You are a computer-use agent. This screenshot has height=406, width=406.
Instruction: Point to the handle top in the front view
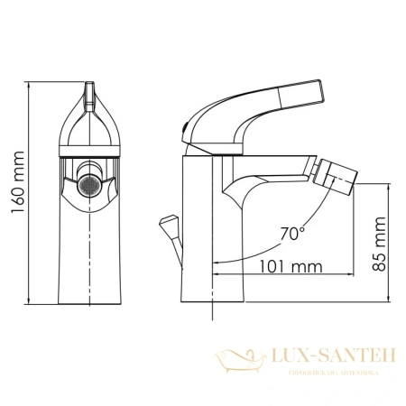90,89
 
